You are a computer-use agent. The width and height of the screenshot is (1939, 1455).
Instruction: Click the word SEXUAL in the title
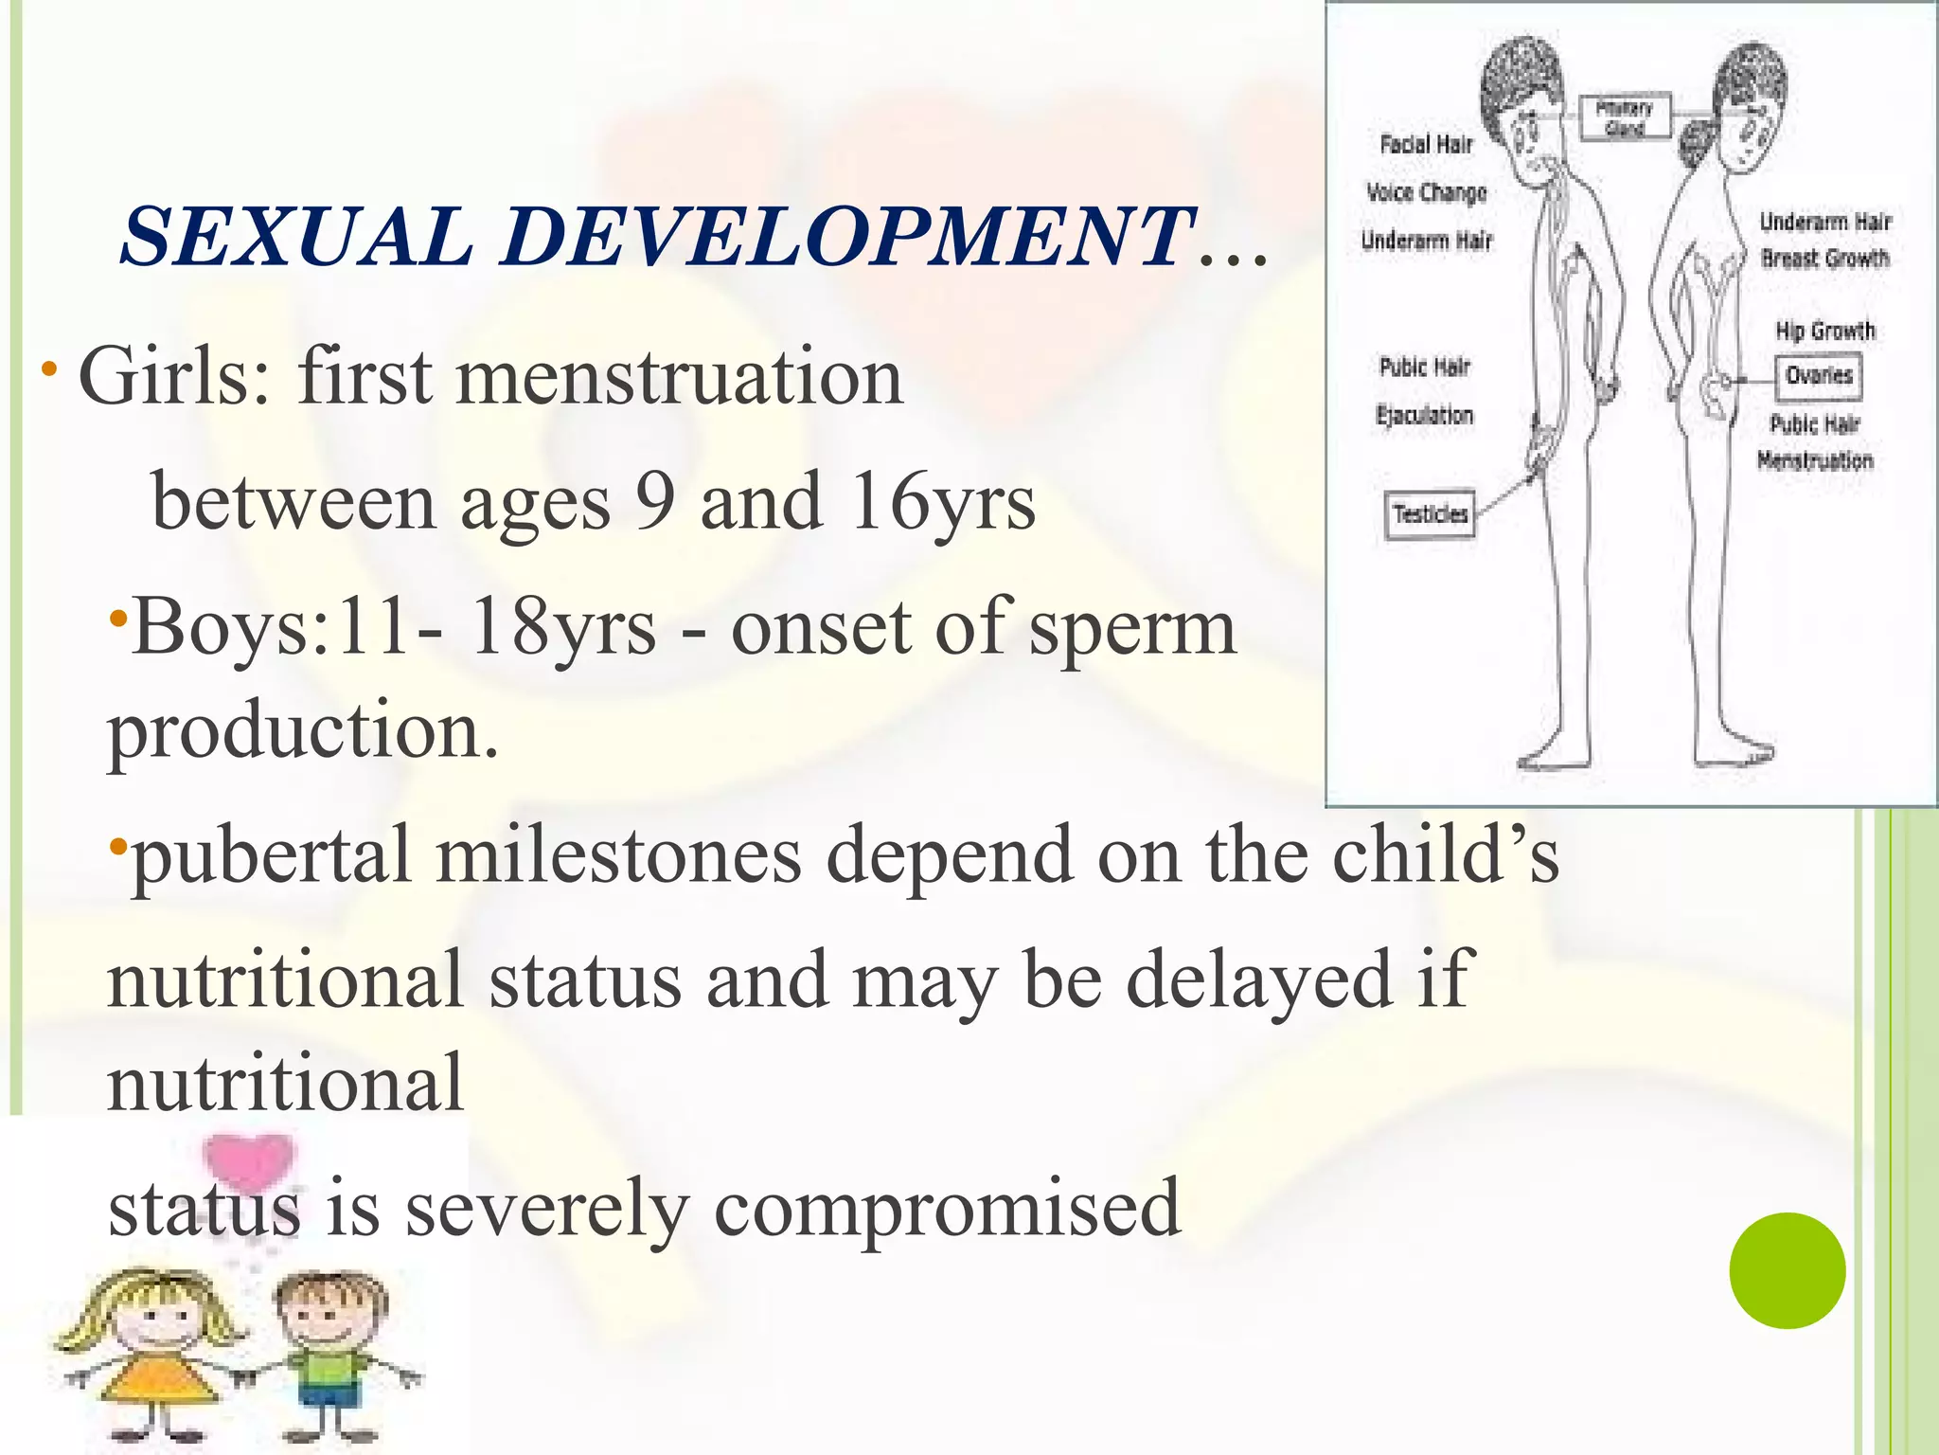pos(296,237)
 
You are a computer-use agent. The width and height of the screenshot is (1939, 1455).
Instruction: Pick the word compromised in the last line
pos(947,1209)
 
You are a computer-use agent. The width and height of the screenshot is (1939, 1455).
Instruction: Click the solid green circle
pos(1787,1270)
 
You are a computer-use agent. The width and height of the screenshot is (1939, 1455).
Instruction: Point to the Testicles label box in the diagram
pos(1430,514)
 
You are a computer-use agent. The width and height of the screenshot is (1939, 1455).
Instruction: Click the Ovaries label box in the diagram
pos(1819,376)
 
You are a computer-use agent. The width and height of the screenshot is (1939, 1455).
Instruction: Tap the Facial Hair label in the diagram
pos(1426,145)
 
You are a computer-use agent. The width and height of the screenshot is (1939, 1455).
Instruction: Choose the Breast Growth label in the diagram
pos(1824,258)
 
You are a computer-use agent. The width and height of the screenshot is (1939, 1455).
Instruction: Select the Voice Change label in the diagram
pos(1426,193)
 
